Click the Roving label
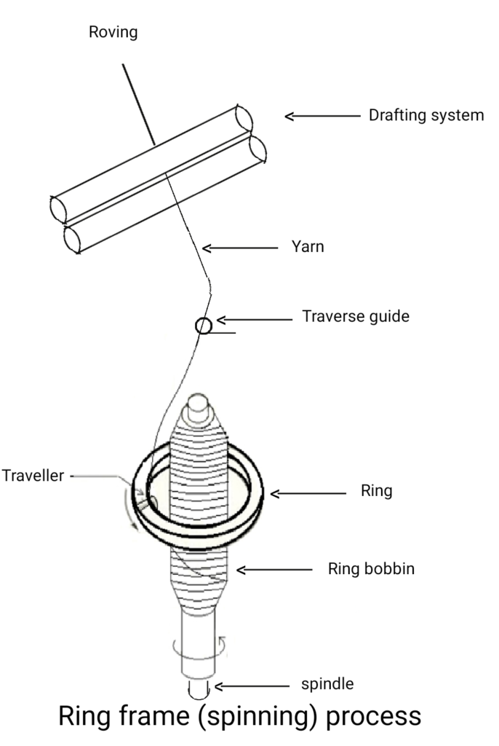[x=113, y=32]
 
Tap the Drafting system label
[x=426, y=115]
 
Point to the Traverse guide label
[x=356, y=317]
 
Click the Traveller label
[x=33, y=476]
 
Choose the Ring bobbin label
[x=371, y=569]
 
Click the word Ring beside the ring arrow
[x=376, y=491]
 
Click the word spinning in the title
[x=260, y=716]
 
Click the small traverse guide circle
[x=204, y=325]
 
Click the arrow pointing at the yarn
[x=240, y=248]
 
